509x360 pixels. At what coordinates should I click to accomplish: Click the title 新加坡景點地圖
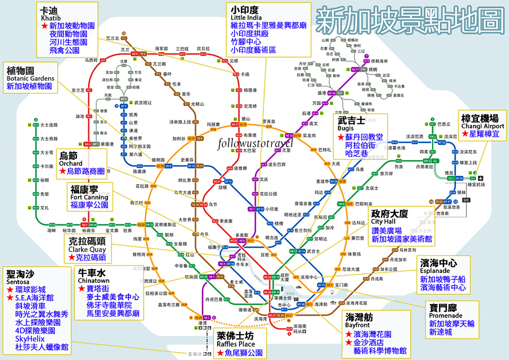coord(409,23)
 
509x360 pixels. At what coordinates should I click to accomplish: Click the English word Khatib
coord(51,18)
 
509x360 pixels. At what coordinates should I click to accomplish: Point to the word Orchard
coord(70,163)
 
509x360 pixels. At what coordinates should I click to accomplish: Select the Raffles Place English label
coord(239,344)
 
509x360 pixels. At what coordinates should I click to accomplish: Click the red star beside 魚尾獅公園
coord(219,353)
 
